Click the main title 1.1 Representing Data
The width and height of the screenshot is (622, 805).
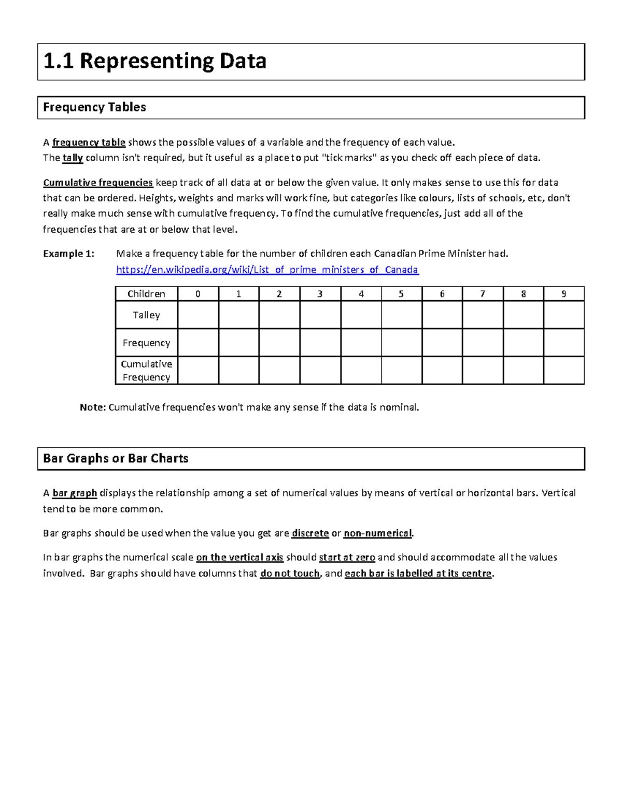click(154, 61)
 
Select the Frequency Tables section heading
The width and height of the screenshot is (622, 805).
click(94, 107)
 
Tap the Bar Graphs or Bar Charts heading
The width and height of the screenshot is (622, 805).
click(116, 458)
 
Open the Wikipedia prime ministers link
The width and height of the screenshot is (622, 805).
click(267, 270)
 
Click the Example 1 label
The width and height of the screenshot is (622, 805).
click(68, 253)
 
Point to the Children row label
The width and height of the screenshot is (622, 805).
click(146, 294)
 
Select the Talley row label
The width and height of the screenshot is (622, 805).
click(146, 315)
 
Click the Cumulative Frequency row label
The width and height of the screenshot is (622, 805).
click(146, 371)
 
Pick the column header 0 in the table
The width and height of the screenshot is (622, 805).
click(197, 294)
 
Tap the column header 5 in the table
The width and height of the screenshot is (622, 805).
click(401, 294)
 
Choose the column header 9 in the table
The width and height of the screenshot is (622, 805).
click(564, 294)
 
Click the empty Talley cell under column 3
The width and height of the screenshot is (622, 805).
click(320, 315)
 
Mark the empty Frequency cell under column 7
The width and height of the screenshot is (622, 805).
click(483, 343)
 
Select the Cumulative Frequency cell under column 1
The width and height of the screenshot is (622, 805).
click(238, 371)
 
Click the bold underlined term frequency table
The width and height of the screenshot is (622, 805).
click(89, 143)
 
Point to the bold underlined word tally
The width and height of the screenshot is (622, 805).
click(73, 158)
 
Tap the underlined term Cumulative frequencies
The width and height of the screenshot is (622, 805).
click(97, 182)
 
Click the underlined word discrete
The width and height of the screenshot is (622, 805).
click(310, 533)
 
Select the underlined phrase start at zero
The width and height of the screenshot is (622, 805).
click(347, 558)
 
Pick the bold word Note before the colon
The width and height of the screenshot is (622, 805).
click(92, 407)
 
